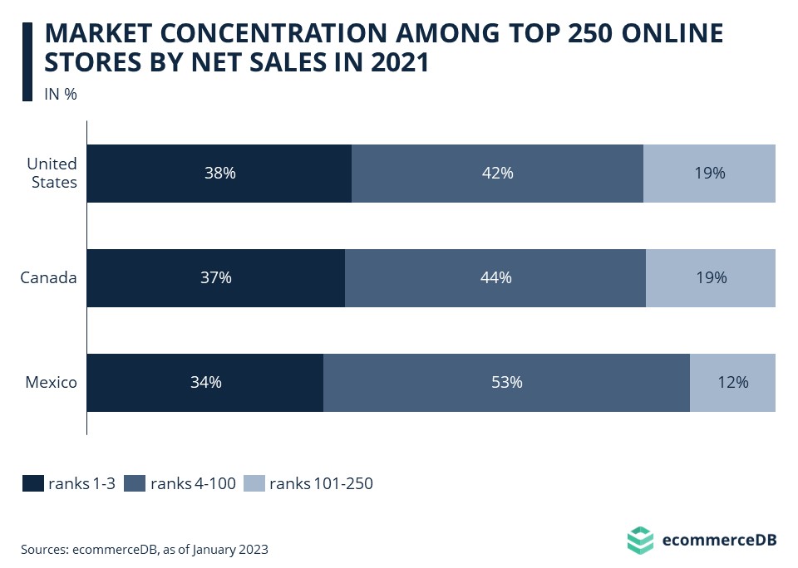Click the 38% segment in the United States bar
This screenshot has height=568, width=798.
pos(219,174)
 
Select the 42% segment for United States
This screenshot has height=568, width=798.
pos(497,174)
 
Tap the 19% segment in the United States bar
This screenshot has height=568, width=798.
pos(709,174)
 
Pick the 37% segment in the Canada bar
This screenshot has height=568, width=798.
pos(215,278)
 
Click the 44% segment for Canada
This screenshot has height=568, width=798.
pos(495,278)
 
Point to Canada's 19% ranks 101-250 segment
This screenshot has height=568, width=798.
pos(711,278)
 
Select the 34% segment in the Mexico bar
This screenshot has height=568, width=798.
pos(204,383)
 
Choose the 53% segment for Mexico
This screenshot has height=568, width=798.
pos(506,383)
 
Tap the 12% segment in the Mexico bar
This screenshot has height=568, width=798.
pos(732,383)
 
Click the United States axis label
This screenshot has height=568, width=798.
pos(52,173)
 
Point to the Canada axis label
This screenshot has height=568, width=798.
pos(48,278)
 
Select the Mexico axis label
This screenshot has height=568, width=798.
pos(51,383)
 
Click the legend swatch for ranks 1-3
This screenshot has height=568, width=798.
pos(32,484)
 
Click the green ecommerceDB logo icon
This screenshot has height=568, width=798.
pos(640,540)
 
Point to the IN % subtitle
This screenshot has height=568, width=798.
pos(60,94)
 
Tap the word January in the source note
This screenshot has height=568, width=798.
pos(219,549)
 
